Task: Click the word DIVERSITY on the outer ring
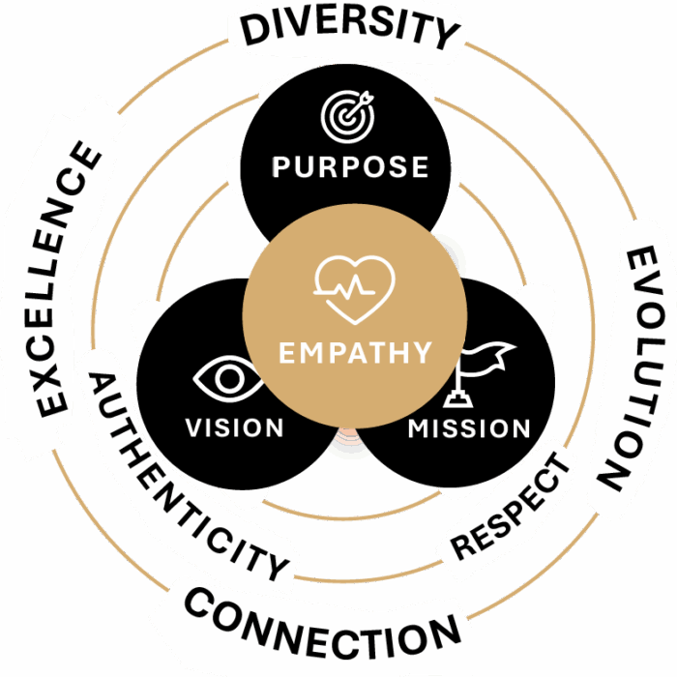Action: (x=350, y=29)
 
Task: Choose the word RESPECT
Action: (x=511, y=506)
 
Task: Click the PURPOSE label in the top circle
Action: (x=350, y=166)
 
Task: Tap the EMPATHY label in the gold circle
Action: (x=355, y=353)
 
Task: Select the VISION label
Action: (x=234, y=427)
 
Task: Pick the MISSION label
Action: (x=469, y=428)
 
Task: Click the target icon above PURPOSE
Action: (x=347, y=117)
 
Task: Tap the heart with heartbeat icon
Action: (x=355, y=290)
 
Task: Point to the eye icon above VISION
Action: (x=228, y=379)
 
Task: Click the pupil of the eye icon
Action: (x=229, y=379)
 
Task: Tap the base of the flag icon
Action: (x=458, y=398)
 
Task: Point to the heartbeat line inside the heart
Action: (x=344, y=286)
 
